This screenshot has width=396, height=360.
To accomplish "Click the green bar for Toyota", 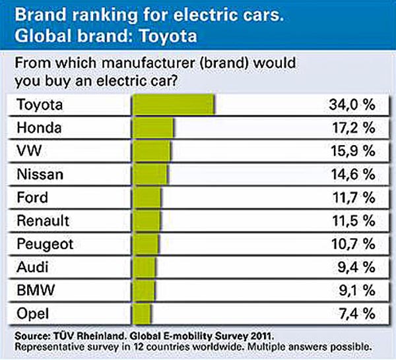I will click(x=174, y=104).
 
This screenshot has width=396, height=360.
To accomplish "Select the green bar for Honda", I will click(x=154, y=127).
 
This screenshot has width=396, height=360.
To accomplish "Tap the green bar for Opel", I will click(x=142, y=313).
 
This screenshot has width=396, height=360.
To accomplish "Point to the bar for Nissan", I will click(x=150, y=174).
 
